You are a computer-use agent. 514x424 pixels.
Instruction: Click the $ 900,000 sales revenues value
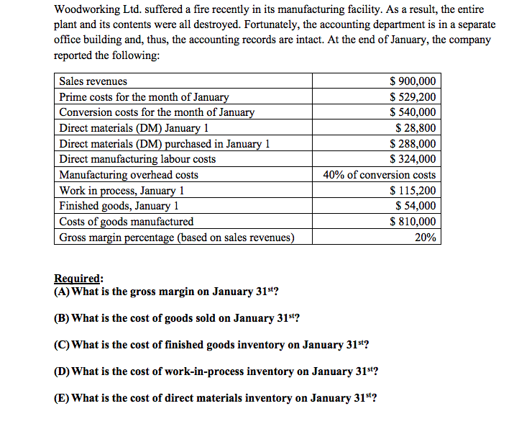[412, 81]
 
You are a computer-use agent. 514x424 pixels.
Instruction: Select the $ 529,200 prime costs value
[412, 97]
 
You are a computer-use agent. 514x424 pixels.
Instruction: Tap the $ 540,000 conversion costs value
[412, 112]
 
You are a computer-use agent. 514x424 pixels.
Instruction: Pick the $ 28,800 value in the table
[416, 128]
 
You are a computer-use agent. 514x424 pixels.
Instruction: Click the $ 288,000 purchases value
[412, 144]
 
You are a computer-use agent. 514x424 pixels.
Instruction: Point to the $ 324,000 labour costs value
[412, 159]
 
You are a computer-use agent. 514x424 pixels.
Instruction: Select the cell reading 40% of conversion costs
[379, 175]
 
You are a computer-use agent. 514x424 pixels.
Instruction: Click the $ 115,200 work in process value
[412, 191]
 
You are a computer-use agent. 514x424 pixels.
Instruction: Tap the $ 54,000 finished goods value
[416, 206]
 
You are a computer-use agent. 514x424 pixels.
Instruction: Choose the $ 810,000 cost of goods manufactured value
[412, 222]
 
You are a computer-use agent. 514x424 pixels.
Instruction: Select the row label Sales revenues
[93, 81]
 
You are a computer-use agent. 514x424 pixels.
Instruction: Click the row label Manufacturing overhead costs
[129, 175]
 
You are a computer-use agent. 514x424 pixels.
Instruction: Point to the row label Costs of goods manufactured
[126, 222]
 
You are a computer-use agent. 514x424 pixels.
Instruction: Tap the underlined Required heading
[78, 279]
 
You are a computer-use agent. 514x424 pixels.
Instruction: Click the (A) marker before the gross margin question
[63, 292]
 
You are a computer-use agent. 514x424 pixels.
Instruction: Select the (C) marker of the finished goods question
[63, 345]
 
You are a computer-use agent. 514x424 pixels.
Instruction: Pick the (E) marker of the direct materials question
[63, 398]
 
